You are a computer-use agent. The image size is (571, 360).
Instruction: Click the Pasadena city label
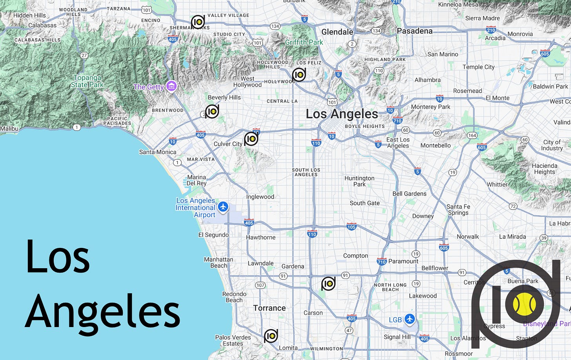click(x=415, y=31)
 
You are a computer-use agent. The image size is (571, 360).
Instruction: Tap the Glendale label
click(x=337, y=32)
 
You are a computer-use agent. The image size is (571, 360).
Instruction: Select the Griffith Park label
click(x=304, y=42)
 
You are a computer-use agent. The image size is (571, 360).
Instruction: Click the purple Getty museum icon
click(x=171, y=86)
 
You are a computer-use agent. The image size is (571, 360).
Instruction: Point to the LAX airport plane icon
click(x=223, y=207)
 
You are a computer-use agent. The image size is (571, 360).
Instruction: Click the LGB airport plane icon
click(x=410, y=319)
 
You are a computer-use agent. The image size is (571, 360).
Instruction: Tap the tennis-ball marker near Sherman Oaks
click(x=198, y=22)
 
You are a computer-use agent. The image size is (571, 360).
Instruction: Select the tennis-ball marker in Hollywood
click(x=299, y=75)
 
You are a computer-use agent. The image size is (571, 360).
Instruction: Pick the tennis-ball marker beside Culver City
click(x=251, y=139)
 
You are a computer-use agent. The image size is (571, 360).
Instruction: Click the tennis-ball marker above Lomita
click(x=271, y=336)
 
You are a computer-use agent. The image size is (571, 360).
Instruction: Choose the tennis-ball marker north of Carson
click(x=328, y=283)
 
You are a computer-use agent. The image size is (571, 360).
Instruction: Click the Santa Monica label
click(x=158, y=152)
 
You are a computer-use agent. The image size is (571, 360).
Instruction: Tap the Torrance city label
click(x=269, y=308)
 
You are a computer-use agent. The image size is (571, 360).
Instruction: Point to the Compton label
click(x=356, y=256)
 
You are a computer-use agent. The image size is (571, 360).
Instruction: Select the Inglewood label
click(x=260, y=197)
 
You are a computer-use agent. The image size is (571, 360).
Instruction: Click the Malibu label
click(x=9, y=129)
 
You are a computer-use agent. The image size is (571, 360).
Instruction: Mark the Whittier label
click(x=497, y=185)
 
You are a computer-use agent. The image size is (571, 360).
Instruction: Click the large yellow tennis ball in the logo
click(x=524, y=304)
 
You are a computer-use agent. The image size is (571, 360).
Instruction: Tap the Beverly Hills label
click(x=224, y=97)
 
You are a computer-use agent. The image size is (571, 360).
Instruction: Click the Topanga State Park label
click(x=87, y=81)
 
